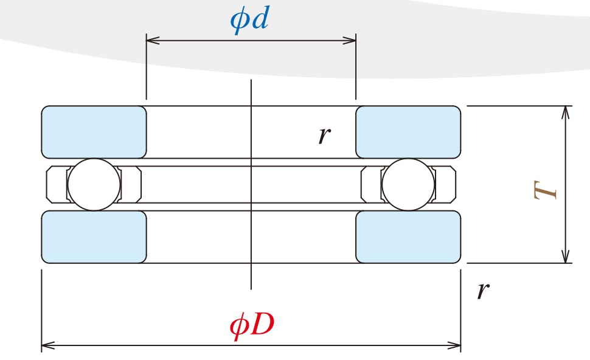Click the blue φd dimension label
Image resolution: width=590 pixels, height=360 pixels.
click(249, 20)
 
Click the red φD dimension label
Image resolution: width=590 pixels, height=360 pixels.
click(252, 327)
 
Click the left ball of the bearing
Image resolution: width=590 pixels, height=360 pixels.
click(94, 185)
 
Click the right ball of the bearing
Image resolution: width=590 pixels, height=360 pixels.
click(408, 185)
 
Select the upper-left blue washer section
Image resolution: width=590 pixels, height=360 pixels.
click(94, 132)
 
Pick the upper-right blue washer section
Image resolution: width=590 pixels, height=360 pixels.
click(408, 132)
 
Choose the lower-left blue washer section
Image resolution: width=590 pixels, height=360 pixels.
click(94, 237)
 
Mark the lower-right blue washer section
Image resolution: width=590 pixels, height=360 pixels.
click(408, 237)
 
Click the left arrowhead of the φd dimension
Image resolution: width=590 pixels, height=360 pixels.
click(151, 41)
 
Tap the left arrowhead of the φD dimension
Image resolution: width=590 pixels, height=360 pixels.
click(47, 345)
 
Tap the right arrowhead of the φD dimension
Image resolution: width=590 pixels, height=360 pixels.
click(456, 345)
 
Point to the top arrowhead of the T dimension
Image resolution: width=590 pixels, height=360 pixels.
click(566, 111)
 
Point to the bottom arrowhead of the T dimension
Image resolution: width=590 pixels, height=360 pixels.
click(566, 258)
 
